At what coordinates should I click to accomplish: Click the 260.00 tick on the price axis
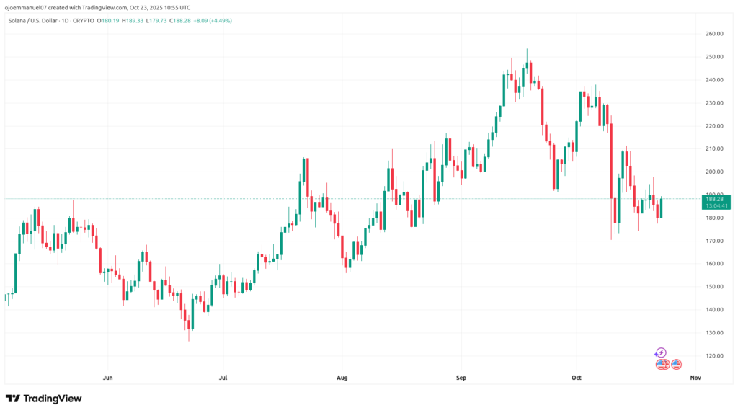pos(714,34)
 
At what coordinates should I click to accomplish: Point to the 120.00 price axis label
pos(714,356)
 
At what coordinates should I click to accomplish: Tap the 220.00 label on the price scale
pos(714,126)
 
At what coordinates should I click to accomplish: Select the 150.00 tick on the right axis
pos(714,287)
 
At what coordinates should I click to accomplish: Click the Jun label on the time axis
pos(108,377)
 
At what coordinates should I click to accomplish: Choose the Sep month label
pos(461,377)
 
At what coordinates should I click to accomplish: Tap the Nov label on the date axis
pos(695,377)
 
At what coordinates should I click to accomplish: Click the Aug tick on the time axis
pos(342,377)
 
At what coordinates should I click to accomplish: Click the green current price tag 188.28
pos(716,199)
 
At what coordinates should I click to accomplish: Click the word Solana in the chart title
pos(19,20)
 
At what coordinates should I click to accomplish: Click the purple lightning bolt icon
pos(661,352)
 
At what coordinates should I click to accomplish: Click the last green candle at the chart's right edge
pos(661,208)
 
